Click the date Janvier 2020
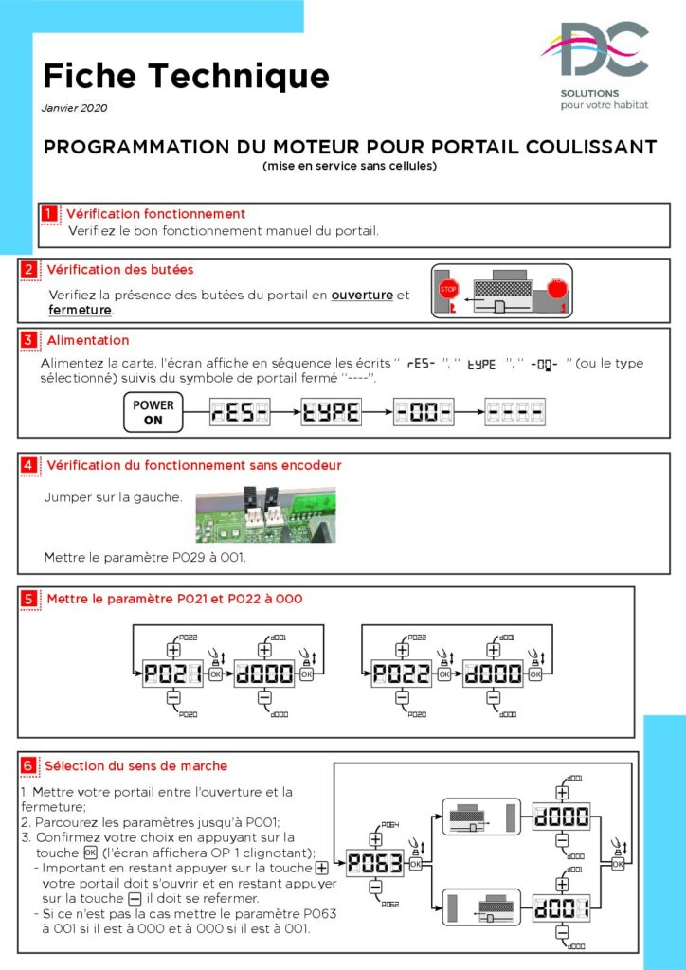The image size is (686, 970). [x=75, y=108]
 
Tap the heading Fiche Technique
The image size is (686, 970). [x=186, y=75]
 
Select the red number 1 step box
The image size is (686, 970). [x=48, y=213]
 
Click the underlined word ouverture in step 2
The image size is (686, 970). [x=361, y=296]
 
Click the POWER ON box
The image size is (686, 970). [x=153, y=412]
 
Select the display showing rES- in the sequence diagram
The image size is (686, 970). [x=241, y=412]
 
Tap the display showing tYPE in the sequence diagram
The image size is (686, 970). [x=332, y=412]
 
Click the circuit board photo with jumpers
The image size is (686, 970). [x=265, y=514]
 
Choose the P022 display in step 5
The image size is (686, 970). [x=402, y=674]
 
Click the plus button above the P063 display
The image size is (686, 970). [x=374, y=839]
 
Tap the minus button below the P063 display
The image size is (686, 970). [x=374, y=887]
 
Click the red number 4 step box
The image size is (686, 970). [x=29, y=465]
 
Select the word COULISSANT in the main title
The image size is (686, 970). [x=577, y=147]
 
